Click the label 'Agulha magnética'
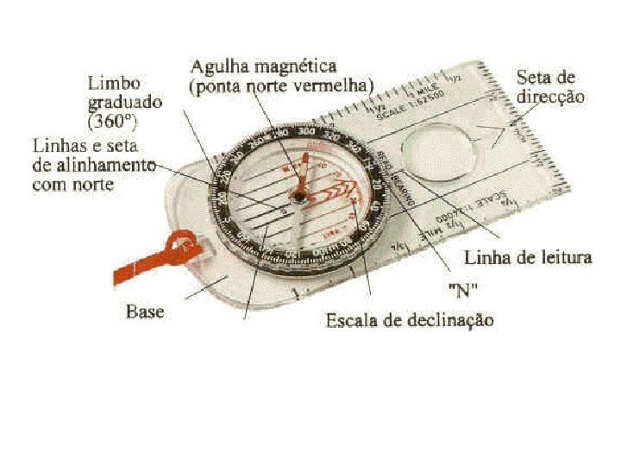[263, 66]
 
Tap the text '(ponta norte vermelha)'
[281, 85]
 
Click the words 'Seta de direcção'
[550, 86]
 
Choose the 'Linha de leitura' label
[528, 257]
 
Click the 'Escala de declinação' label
[410, 320]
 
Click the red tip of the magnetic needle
[303, 177]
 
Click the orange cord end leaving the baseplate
[129, 275]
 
